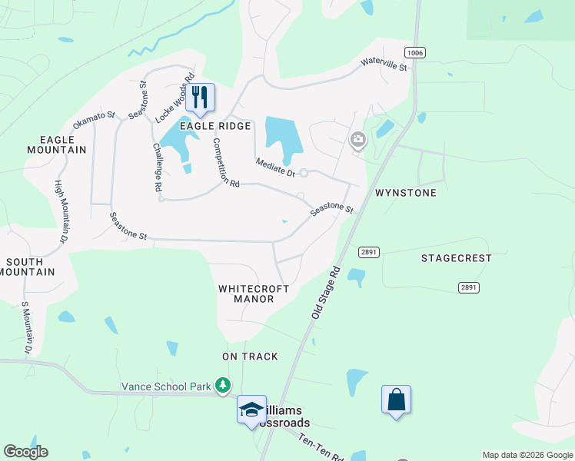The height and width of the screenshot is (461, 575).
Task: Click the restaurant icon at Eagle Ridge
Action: pyautogui.click(x=201, y=97)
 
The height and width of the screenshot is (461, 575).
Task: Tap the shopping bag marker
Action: pyautogui.click(x=396, y=400)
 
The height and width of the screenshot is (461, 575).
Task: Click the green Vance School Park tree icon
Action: pyautogui.click(x=223, y=384)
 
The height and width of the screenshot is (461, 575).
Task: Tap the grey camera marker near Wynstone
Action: pyautogui.click(x=357, y=140)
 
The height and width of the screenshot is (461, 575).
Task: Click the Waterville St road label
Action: pyautogui.click(x=384, y=65)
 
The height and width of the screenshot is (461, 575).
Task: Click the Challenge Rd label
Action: pyautogui.click(x=157, y=167)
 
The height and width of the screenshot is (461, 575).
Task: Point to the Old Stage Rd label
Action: pyautogui.click(x=325, y=293)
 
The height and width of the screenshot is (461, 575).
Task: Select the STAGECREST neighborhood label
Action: pyautogui.click(x=456, y=258)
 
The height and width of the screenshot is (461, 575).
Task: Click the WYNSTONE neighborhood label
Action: pyautogui.click(x=405, y=193)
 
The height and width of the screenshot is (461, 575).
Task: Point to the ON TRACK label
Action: pyautogui.click(x=250, y=357)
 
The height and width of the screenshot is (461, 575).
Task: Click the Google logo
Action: pyautogui.click(x=25, y=452)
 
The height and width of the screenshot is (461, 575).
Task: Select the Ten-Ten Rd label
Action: pyautogui.click(x=321, y=446)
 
